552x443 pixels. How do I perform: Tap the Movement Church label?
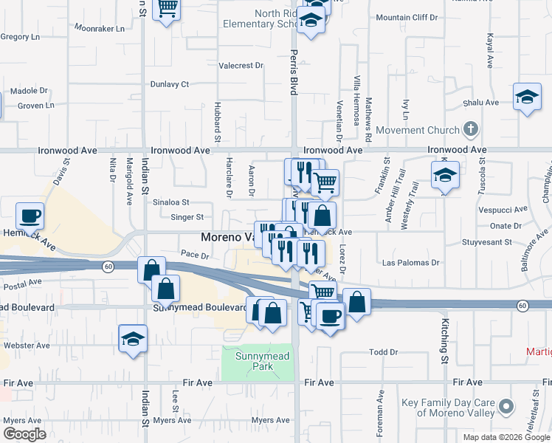(x=416, y=131)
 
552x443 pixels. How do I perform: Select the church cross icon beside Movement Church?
(x=471, y=130)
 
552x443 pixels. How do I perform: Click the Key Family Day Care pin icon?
(x=506, y=407)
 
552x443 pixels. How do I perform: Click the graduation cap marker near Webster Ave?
(x=133, y=338)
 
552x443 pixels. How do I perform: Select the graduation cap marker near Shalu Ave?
(x=527, y=97)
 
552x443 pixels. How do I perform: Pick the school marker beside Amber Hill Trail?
(x=445, y=175)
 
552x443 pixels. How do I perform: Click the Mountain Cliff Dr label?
(x=407, y=17)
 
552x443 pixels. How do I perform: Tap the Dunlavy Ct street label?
(x=170, y=84)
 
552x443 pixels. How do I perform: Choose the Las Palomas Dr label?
(x=411, y=263)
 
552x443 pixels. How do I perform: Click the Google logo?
(x=24, y=434)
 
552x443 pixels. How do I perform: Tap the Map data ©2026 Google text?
(x=506, y=437)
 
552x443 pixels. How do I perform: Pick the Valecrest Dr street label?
(x=241, y=66)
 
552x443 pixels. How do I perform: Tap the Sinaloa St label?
(x=170, y=202)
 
